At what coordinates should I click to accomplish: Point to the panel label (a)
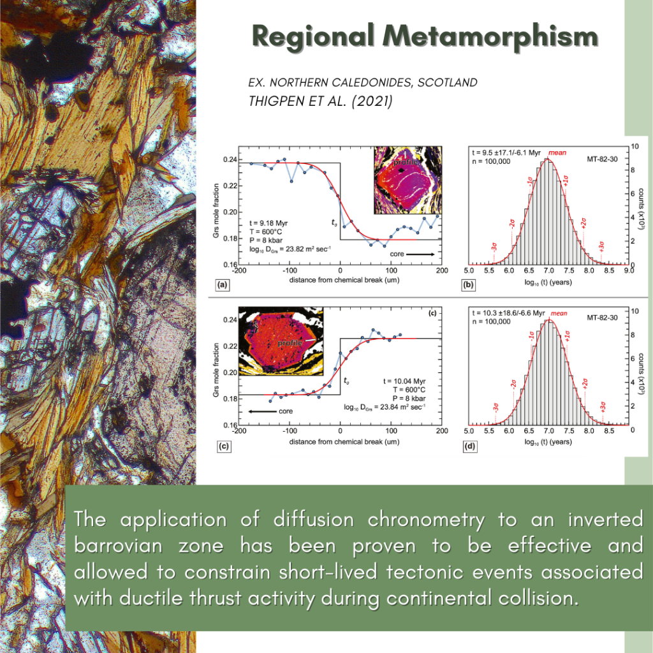[223, 285]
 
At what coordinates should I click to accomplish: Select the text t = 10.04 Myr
[402, 381]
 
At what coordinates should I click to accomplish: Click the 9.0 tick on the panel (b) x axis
[629, 272]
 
